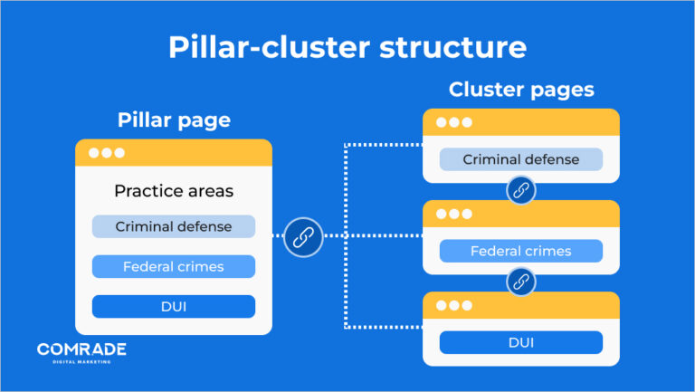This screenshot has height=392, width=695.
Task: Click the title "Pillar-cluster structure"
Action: point(347,46)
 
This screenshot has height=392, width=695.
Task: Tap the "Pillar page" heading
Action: point(174,120)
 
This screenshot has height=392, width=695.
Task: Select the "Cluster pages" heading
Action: point(521,90)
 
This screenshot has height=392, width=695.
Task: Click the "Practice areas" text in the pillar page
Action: point(174,191)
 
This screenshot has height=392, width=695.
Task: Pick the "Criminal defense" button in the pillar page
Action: point(174,226)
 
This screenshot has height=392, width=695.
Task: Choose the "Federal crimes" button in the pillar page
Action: point(174,266)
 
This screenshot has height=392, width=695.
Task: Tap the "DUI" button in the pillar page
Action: point(174,306)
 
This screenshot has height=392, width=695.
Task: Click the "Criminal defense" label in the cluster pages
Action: point(521,159)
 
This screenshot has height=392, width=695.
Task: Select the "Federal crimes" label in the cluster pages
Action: point(521,251)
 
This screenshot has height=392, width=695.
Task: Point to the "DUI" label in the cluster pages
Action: point(521,342)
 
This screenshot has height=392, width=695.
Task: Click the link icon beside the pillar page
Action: point(303,237)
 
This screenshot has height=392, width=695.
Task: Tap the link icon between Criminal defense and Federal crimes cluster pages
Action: point(521,191)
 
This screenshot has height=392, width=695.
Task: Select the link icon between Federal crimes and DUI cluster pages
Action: point(521,282)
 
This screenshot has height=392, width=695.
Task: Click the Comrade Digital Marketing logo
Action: point(81,352)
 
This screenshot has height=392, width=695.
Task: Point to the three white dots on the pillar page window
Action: point(100,153)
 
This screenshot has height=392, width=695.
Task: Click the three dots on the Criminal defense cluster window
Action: point(454,122)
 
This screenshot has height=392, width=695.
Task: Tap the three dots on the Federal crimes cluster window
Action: point(454,215)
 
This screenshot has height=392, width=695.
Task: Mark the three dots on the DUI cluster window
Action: point(454,306)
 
